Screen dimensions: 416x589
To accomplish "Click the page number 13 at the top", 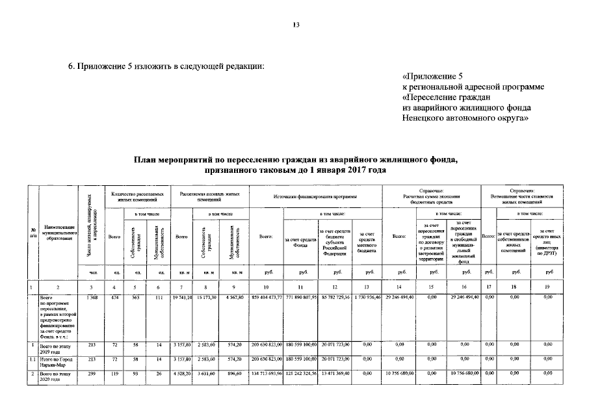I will tap(295, 25).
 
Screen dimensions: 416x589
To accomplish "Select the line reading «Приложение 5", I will tap(434, 76).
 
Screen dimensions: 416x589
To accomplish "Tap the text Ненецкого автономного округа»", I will tap(466, 118).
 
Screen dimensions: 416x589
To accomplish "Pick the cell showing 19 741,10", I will tap(182, 297).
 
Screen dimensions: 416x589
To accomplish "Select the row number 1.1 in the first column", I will tap(33, 358).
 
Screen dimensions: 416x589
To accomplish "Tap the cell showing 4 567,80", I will tap(233, 297).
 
